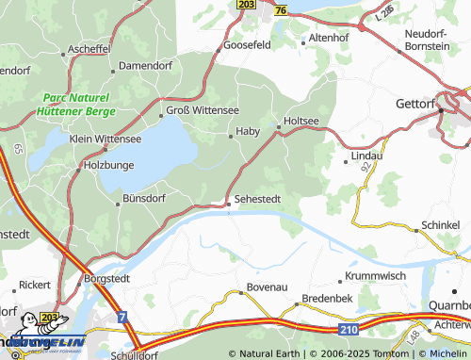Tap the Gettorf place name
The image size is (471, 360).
coord(418,103)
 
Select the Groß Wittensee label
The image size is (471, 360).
coord(202,109)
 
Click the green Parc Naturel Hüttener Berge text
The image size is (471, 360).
coord(75,104)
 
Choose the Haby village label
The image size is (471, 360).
coord(247,131)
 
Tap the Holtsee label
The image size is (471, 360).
coord(301,121)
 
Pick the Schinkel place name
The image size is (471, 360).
coord(441,226)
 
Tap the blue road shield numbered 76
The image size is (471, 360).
coord(281,8)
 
